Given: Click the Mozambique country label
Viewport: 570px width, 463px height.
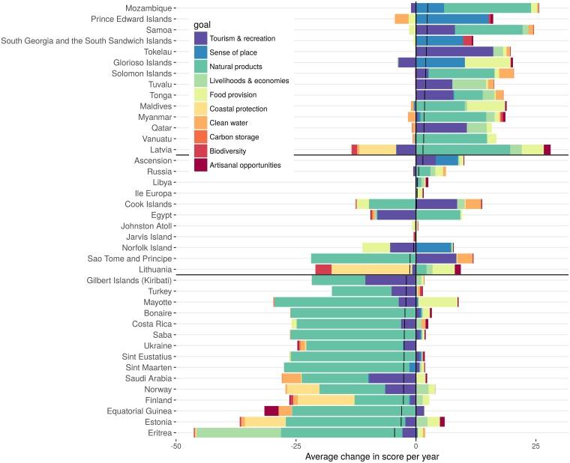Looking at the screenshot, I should click(x=148, y=7).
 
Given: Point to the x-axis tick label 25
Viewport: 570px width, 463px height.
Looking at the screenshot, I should click(x=536, y=445).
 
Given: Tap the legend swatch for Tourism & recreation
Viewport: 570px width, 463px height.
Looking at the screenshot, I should click(x=200, y=37).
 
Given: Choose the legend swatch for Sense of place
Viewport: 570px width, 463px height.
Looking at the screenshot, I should click(x=200, y=52).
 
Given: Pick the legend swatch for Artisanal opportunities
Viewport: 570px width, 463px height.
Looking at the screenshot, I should click(x=200, y=165).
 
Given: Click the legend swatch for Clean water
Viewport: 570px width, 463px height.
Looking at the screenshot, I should click(x=200, y=122).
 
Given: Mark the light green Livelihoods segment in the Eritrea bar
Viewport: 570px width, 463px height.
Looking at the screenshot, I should click(x=238, y=432).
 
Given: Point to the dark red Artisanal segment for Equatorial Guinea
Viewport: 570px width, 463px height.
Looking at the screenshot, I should click(x=271, y=411).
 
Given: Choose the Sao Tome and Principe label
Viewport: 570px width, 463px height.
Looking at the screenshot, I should click(x=127, y=258).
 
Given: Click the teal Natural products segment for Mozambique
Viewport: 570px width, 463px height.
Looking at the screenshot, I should click(x=487, y=7).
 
